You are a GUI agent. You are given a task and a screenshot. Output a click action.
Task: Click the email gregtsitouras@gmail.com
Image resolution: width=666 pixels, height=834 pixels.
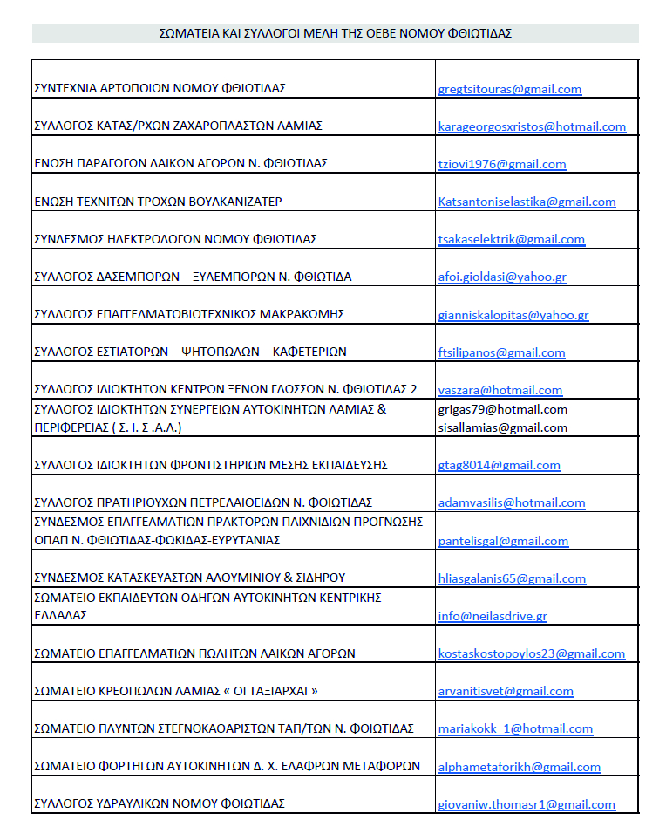coord(509,89)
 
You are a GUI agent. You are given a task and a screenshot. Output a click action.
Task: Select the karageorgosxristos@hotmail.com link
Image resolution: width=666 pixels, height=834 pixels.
coord(532,126)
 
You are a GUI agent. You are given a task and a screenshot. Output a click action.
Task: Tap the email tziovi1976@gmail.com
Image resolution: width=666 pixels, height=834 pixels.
coord(501,164)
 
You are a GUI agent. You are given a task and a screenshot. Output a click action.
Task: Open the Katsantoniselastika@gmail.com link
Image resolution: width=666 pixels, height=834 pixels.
coord(527,202)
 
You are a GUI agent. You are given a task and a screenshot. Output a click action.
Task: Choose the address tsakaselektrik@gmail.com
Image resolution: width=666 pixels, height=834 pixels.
coord(511,239)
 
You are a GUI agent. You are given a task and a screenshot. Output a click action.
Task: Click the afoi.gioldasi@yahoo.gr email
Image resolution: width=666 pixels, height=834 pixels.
coord(502,277)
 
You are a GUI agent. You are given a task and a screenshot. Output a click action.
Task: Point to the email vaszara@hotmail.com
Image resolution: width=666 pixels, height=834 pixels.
coord(499,390)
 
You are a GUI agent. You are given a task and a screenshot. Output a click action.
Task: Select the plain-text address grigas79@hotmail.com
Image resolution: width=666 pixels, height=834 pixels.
coord(502,409)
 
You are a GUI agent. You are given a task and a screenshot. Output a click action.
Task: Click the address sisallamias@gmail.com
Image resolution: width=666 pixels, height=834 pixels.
coord(502,427)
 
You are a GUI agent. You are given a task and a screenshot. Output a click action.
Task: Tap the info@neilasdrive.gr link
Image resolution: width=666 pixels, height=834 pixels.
coord(493,615)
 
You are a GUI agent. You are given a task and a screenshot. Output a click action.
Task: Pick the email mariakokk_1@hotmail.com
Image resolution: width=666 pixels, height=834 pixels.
coord(514,728)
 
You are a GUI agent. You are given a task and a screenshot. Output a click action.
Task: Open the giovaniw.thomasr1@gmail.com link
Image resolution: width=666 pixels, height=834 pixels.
coord(527,804)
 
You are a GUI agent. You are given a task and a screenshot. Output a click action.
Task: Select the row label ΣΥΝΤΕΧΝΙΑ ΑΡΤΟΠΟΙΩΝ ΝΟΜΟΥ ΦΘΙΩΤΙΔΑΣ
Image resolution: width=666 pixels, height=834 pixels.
coord(160,89)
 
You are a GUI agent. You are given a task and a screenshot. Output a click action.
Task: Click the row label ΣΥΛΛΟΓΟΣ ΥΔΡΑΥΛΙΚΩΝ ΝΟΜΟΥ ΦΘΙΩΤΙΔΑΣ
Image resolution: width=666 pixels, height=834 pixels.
coord(159,803)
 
